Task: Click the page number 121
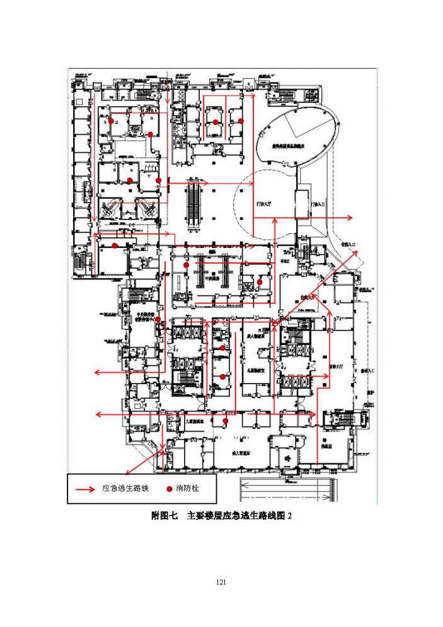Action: [221, 582]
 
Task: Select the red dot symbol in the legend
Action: [170, 489]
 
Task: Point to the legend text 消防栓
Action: [188, 489]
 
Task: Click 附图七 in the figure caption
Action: [165, 515]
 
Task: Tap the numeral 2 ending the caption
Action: [290, 515]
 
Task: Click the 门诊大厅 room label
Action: [264, 206]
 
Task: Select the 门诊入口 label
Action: [318, 206]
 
